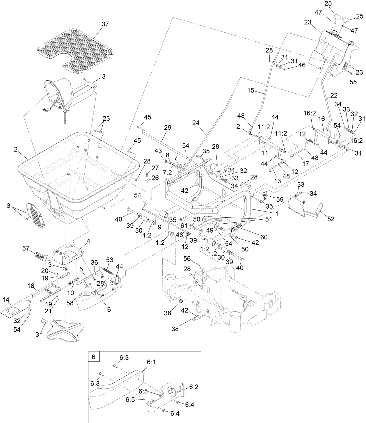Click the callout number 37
click(x=105, y=24)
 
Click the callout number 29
click(x=168, y=127)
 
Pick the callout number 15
click(x=250, y=90)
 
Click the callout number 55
click(x=353, y=82)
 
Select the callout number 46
click(x=302, y=65)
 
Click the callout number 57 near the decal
click(x=26, y=248)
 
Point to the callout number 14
click(x=6, y=299)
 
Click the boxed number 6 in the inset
click(x=94, y=357)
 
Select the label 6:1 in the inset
click(x=151, y=362)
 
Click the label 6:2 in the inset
click(x=194, y=387)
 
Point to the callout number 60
click(x=264, y=237)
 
